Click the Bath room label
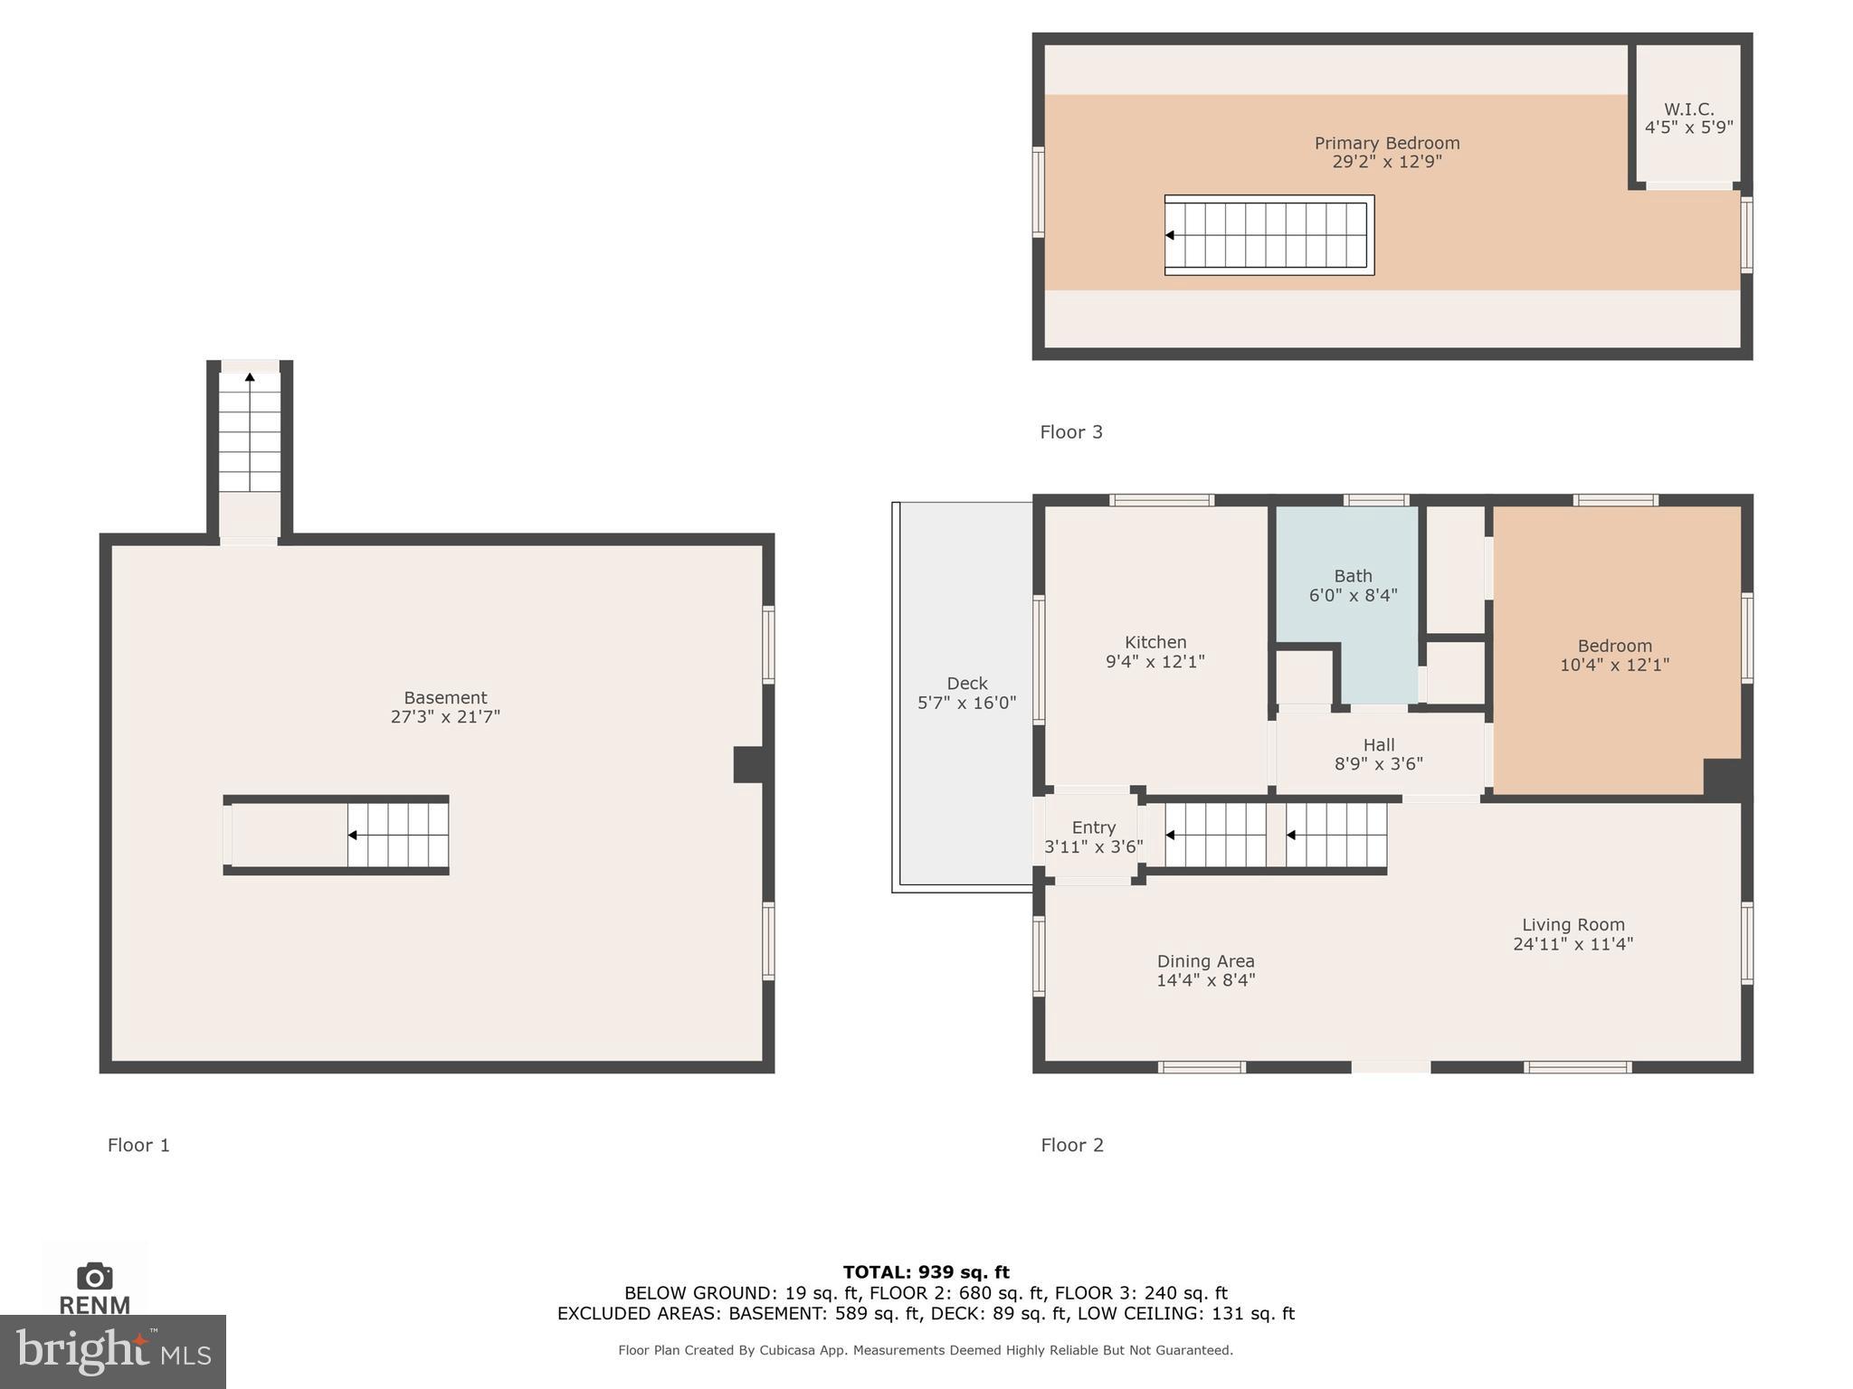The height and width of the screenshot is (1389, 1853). click(1353, 576)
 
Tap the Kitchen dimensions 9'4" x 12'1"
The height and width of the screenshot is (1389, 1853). click(1155, 662)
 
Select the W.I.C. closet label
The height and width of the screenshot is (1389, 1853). click(1688, 109)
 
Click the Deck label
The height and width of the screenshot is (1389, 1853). click(966, 684)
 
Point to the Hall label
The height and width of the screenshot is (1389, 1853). click(1378, 745)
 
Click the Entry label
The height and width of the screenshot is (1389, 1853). click(1093, 827)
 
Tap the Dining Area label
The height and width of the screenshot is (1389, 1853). click(1205, 961)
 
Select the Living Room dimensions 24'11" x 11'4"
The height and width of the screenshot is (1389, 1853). click(1573, 944)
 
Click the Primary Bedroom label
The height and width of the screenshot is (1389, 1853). click(1386, 143)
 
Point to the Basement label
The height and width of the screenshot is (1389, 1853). click(445, 698)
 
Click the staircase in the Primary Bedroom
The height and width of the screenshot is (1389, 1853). click(1269, 235)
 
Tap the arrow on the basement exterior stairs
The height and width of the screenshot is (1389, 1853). click(250, 377)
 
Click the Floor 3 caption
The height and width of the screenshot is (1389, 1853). click(1071, 432)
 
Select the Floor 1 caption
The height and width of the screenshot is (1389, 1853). click(138, 1145)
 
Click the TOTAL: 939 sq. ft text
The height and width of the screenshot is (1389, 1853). click(926, 1272)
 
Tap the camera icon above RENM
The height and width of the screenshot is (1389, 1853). click(94, 1276)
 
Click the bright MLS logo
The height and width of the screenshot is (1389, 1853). click(112, 1351)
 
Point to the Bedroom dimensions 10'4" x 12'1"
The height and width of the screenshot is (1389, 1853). click(1614, 665)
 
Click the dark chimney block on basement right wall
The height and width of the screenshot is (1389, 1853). click(749, 764)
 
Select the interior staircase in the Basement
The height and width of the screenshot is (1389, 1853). click(398, 835)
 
